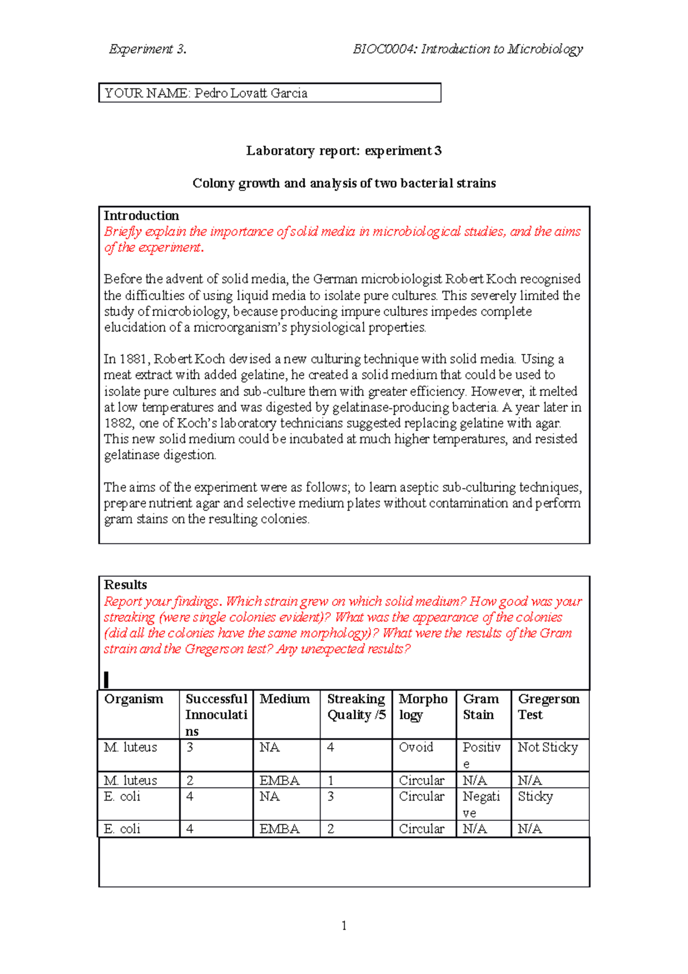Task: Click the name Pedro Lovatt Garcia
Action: pyautogui.click(x=251, y=93)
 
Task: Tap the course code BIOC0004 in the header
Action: pyautogui.click(x=384, y=49)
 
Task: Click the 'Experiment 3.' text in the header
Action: pyautogui.click(x=148, y=49)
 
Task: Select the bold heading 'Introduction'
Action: pyautogui.click(x=141, y=216)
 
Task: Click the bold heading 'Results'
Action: pyautogui.click(x=125, y=585)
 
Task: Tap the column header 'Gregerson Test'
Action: pyautogui.click(x=549, y=707)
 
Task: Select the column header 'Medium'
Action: pyautogui.click(x=284, y=699)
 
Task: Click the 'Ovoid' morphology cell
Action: pyautogui.click(x=416, y=747)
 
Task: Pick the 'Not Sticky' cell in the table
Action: pyautogui.click(x=548, y=747)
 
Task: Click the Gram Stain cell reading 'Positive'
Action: pyautogui.click(x=482, y=754)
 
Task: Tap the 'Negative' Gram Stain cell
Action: pyautogui.click(x=482, y=804)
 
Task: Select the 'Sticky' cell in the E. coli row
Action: pyautogui.click(x=535, y=797)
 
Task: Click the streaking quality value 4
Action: pyautogui.click(x=331, y=747)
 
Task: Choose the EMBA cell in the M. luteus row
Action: pyautogui.click(x=279, y=781)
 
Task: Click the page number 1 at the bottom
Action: pyautogui.click(x=344, y=925)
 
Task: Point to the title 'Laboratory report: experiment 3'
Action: pyautogui.click(x=344, y=151)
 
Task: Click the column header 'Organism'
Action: pyautogui.click(x=134, y=699)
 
